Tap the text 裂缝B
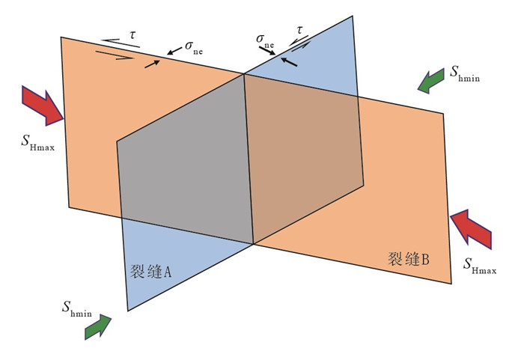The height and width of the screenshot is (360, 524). point(409,260)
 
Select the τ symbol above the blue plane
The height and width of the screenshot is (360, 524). point(300,30)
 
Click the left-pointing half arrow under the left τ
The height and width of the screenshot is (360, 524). point(121,43)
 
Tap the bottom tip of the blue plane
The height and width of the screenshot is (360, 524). point(129,309)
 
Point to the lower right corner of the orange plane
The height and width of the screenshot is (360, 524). point(451,282)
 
